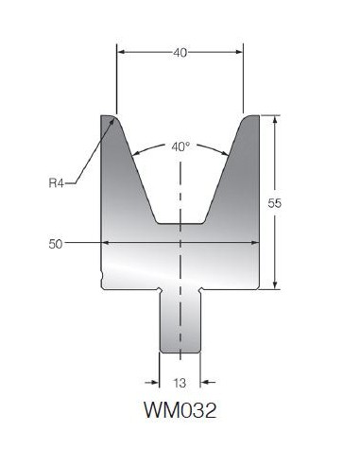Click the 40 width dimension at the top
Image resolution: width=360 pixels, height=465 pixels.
point(180,53)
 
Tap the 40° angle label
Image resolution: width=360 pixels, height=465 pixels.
point(180,146)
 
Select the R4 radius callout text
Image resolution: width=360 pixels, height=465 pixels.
point(57,182)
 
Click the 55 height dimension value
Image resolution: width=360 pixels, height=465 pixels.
point(274,203)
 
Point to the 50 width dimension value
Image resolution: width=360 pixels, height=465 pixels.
point(56,244)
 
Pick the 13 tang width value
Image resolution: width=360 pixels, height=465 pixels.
point(180,383)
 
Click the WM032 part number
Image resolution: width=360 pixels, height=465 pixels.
point(180,410)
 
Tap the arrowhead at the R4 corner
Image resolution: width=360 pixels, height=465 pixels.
point(111,123)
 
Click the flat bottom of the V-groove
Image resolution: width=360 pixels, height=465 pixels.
point(180,224)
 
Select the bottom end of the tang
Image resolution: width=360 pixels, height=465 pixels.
point(180,353)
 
